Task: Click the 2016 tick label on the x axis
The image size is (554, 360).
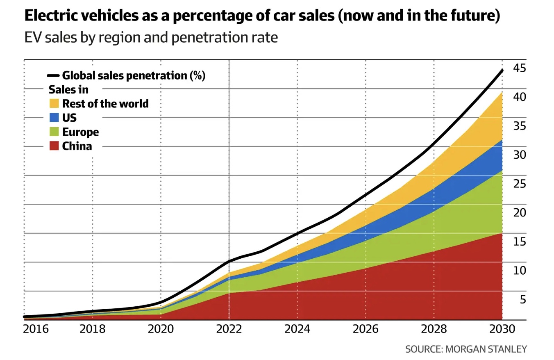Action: (x=36, y=329)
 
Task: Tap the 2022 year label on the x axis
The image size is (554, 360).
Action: (x=229, y=329)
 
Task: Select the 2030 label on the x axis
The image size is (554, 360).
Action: (x=502, y=329)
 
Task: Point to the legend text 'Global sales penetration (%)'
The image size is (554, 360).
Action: (x=134, y=76)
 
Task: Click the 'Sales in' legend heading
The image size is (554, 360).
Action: (x=68, y=89)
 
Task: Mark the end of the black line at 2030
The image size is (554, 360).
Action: (x=502, y=71)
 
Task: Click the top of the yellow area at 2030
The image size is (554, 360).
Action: (x=502, y=93)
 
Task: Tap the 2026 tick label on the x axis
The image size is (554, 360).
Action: (x=366, y=329)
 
